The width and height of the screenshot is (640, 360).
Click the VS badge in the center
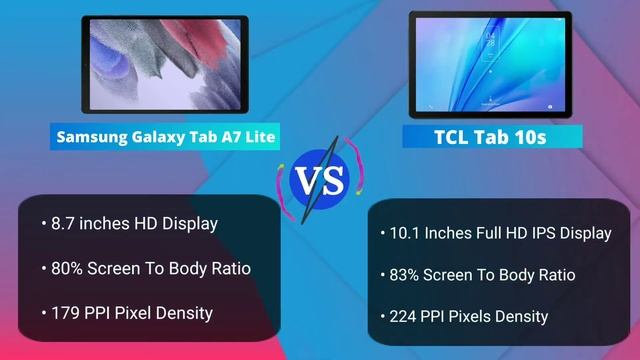[x=319, y=180]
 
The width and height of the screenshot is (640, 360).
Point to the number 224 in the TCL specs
[x=402, y=317]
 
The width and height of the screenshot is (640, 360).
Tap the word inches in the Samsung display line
[x=106, y=223]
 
